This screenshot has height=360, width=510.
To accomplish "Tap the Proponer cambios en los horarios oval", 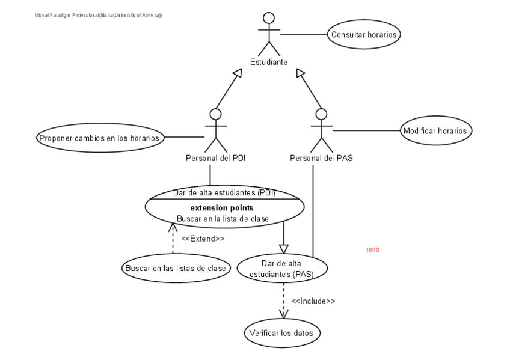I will pos(99,138).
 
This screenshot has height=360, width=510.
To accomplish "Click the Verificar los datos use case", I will pos(282,332).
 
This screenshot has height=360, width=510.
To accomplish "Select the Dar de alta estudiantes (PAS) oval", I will pos(282,269).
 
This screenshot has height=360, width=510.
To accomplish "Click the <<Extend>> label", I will pos(203,237).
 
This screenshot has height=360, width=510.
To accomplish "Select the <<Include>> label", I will pos(313,301).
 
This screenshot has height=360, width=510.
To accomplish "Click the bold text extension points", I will pos(223,208).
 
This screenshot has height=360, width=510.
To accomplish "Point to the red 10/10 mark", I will pos(372,249).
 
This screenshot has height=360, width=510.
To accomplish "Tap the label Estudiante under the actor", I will pos(269,61).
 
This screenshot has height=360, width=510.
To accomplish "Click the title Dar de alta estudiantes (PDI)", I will pos(224,193).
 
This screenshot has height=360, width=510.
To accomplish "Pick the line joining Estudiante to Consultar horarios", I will pos(304,35).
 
